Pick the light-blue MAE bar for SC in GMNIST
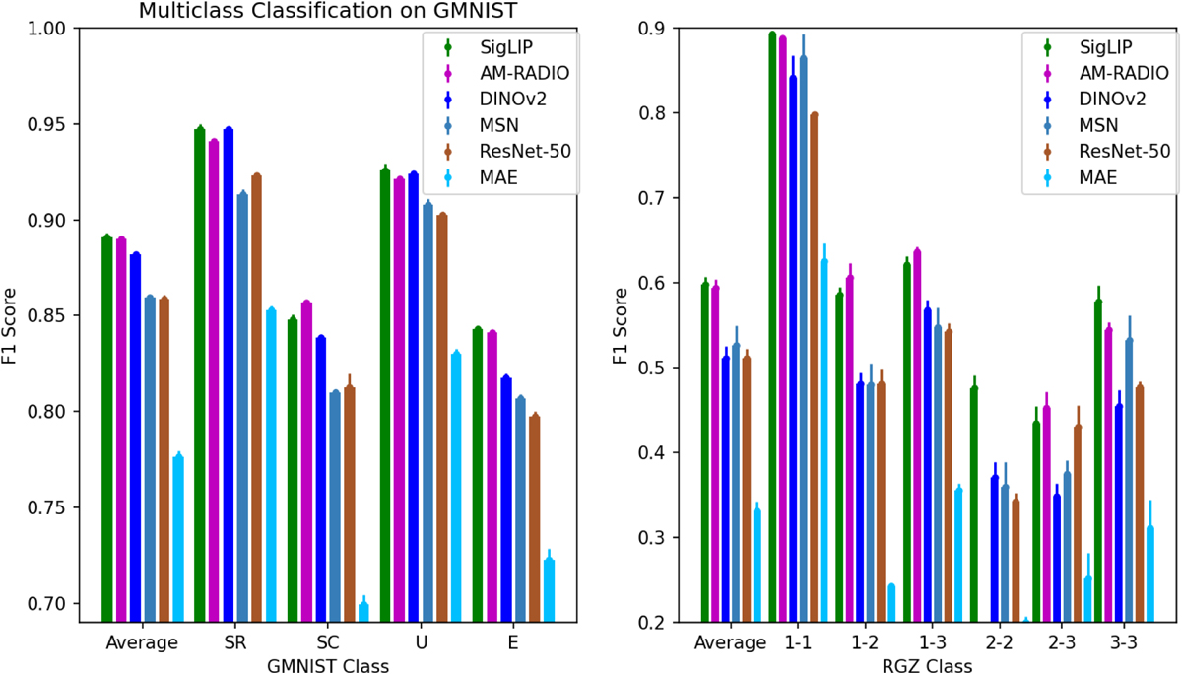coord(363,612)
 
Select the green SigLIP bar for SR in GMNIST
coord(200,374)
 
